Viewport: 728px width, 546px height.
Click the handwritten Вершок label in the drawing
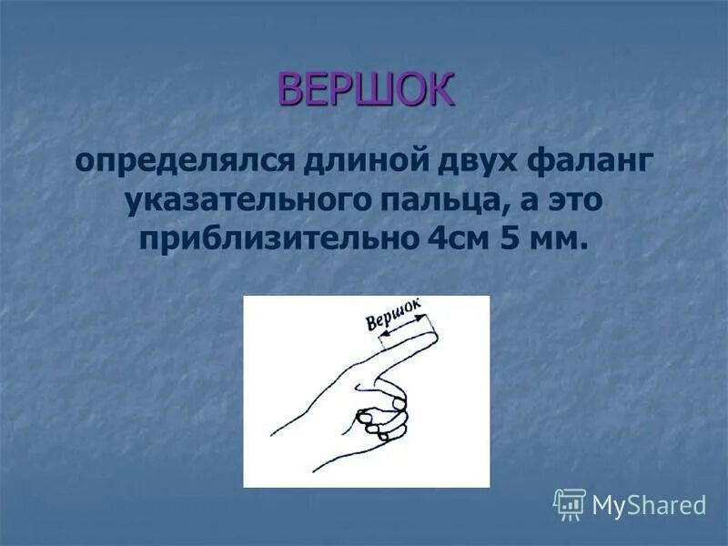point(393,316)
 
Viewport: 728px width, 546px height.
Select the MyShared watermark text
point(649,505)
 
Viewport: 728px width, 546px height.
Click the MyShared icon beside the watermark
point(570,504)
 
